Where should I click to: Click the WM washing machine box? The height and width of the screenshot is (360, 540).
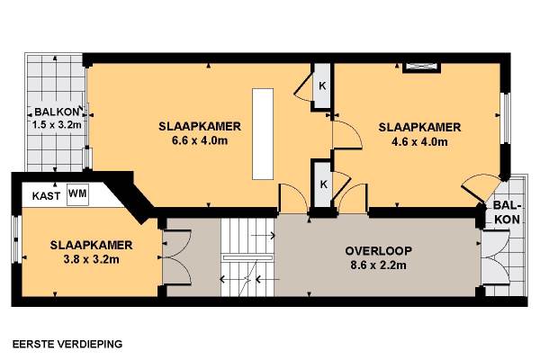pyautogui.click(x=77, y=194)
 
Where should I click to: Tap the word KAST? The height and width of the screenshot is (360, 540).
pyautogui.click(x=46, y=196)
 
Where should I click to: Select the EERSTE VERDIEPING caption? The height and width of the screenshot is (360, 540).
pyautogui.click(x=67, y=344)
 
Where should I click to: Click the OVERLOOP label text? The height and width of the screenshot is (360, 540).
pyautogui.click(x=378, y=251)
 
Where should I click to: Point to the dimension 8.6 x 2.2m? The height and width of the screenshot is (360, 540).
pyautogui.click(x=378, y=265)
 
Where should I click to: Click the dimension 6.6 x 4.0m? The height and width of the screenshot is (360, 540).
pyautogui.click(x=200, y=140)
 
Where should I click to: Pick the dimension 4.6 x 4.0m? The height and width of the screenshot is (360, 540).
pyautogui.click(x=419, y=141)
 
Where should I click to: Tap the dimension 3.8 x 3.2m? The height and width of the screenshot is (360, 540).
pyautogui.click(x=91, y=259)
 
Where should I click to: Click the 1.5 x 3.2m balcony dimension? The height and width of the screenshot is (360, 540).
pyautogui.click(x=57, y=124)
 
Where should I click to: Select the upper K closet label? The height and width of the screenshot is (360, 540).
pyautogui.click(x=322, y=85)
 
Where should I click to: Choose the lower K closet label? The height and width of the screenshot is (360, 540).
pyautogui.click(x=324, y=184)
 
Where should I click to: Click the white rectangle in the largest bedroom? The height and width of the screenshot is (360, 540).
pyautogui.click(x=263, y=134)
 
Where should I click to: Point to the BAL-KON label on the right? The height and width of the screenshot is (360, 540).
pyautogui.click(x=507, y=212)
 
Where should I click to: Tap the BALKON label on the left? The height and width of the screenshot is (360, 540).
pyautogui.click(x=57, y=112)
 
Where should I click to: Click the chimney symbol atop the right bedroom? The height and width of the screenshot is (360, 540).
pyautogui.click(x=422, y=67)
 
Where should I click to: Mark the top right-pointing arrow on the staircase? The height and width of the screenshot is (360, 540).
pyautogui.click(x=263, y=236)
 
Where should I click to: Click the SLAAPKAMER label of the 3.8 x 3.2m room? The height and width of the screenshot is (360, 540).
pyautogui.click(x=91, y=245)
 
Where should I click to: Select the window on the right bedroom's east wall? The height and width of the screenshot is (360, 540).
pyautogui.click(x=506, y=118)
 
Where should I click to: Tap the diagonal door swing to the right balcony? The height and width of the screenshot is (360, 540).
pyautogui.click(x=474, y=195)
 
